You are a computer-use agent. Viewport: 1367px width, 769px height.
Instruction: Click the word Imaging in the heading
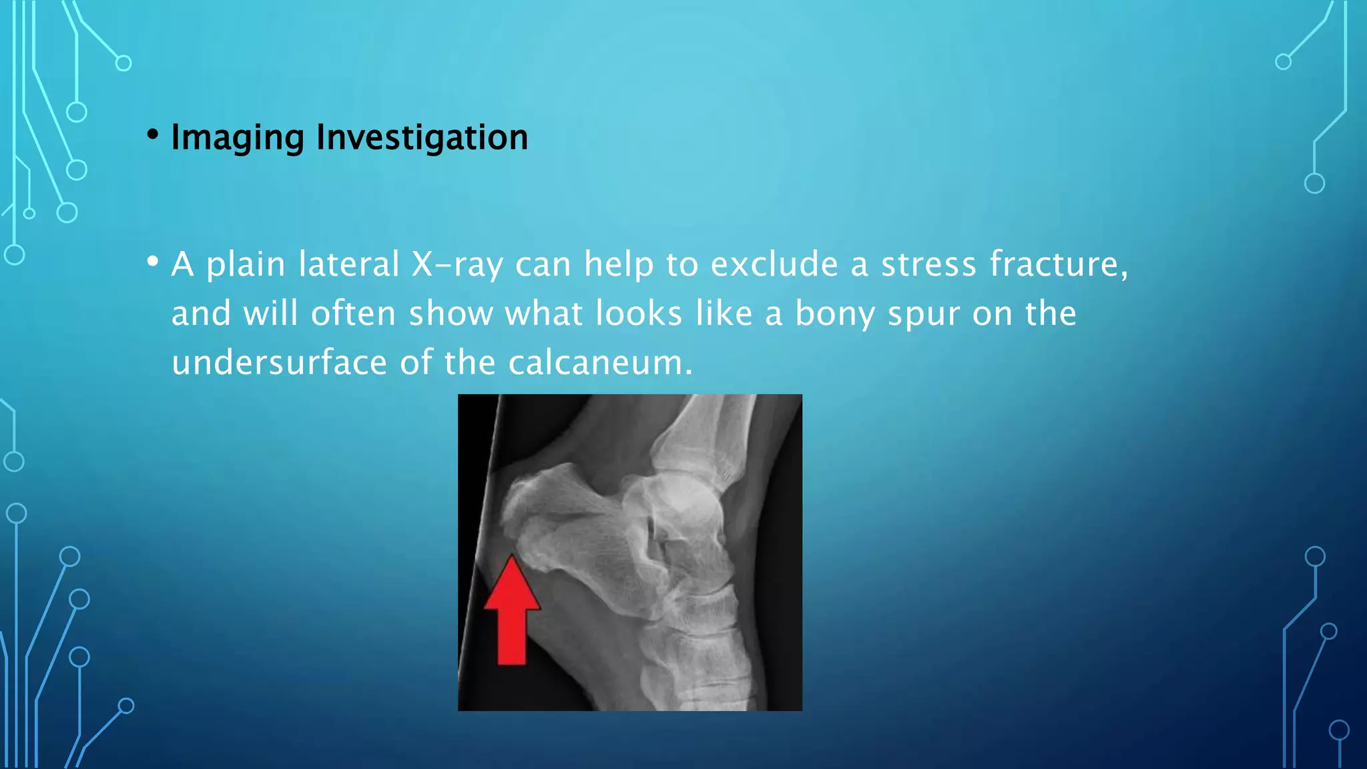click(x=238, y=138)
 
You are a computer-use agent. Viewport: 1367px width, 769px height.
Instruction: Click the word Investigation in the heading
click(x=422, y=138)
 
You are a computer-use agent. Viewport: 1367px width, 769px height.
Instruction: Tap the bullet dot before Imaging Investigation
click(x=154, y=135)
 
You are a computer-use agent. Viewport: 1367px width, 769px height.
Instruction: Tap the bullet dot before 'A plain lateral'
click(x=154, y=261)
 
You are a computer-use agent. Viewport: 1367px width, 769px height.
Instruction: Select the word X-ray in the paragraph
click(x=457, y=264)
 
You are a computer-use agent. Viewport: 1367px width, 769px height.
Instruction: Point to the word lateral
click(x=348, y=264)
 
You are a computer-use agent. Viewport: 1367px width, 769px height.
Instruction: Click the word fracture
click(x=1058, y=264)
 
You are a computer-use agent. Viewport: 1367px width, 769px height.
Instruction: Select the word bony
click(x=834, y=314)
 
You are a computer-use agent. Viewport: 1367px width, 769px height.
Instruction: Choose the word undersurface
click(x=279, y=362)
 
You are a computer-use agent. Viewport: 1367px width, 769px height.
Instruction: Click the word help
click(x=619, y=265)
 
